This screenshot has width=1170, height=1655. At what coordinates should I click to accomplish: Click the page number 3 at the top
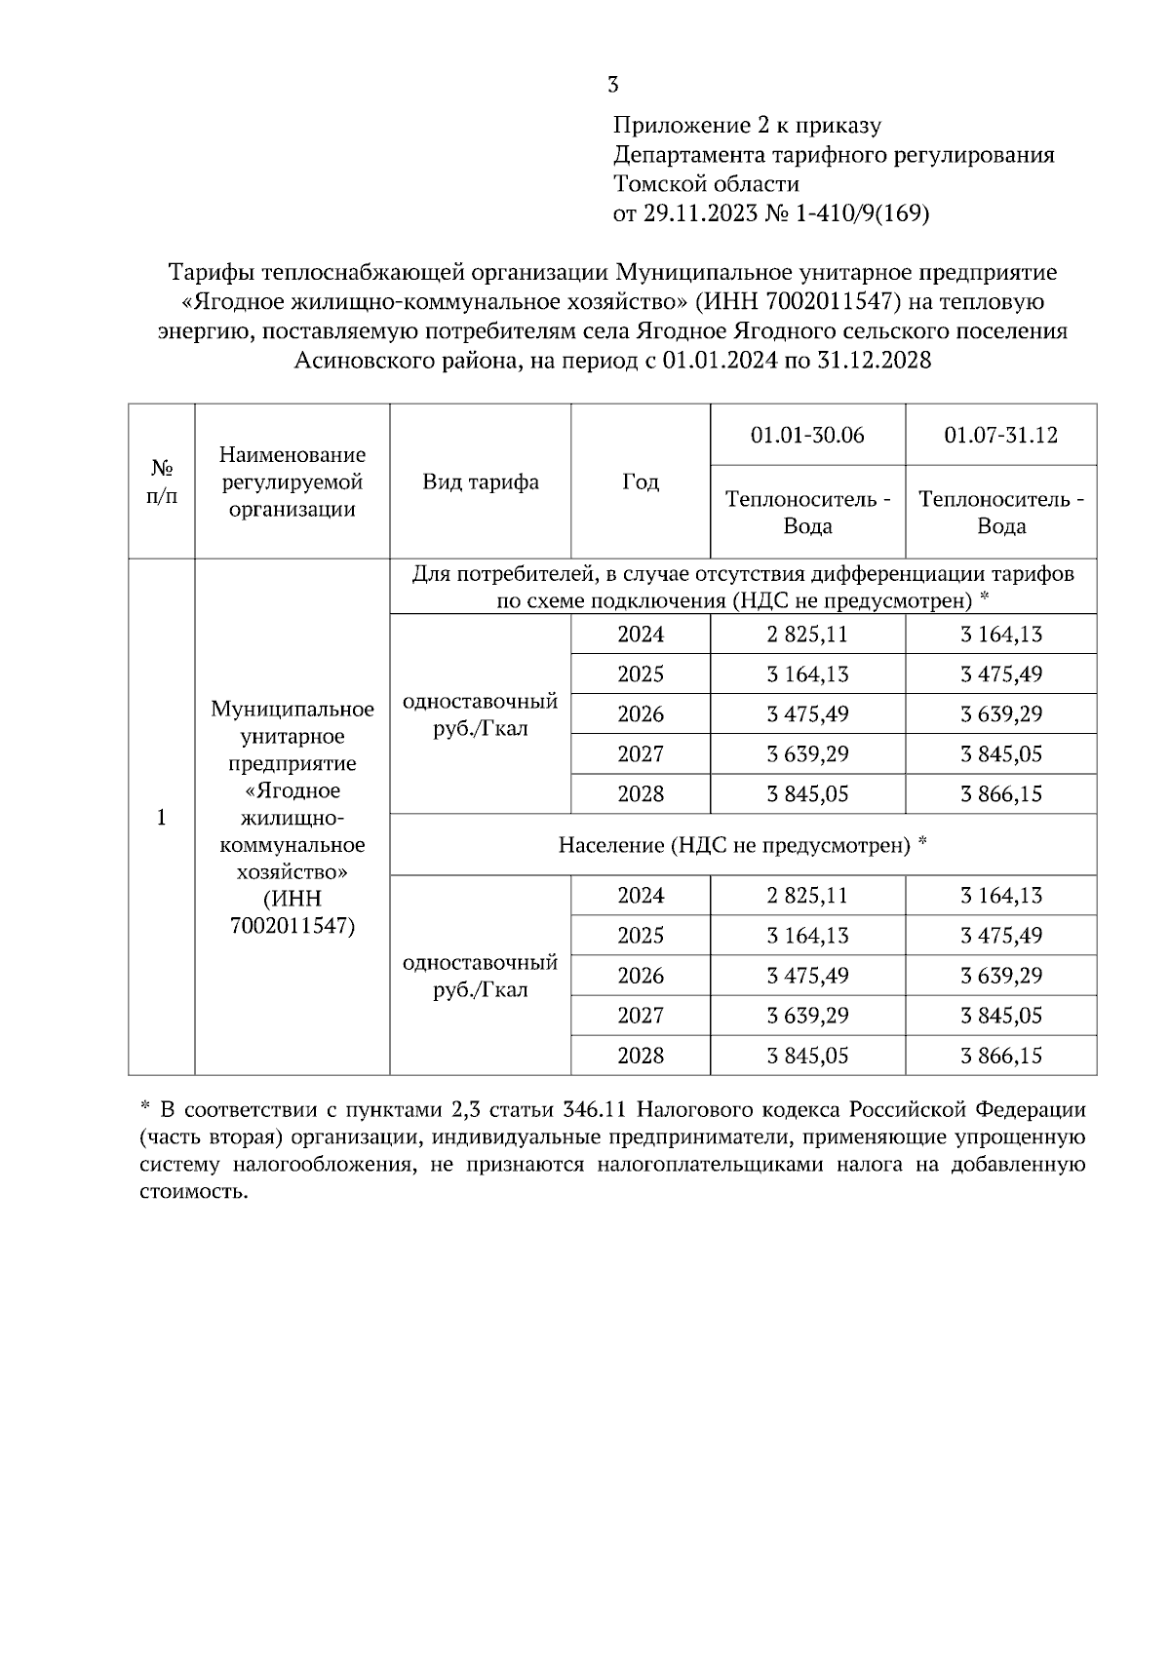[x=612, y=86]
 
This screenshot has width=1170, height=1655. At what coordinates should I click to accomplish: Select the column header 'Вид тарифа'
[x=480, y=482]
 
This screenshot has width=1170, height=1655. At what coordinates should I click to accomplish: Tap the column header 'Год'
[x=640, y=482]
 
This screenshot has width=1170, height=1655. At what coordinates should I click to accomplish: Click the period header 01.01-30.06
[x=807, y=435]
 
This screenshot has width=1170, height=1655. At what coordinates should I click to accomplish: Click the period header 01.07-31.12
[x=1000, y=435]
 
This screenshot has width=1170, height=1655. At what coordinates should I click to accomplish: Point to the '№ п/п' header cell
[x=162, y=482]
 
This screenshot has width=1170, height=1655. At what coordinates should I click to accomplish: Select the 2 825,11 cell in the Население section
[x=807, y=896]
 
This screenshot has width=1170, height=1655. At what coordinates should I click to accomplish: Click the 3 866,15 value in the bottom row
[x=1000, y=1056]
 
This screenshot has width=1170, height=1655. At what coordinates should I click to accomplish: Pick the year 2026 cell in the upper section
[x=640, y=714]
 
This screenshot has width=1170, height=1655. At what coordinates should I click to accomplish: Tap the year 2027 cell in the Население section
[x=640, y=1016]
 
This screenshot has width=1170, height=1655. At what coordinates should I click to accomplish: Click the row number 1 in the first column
[x=162, y=818]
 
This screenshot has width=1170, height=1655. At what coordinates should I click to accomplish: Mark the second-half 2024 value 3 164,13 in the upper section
[x=1000, y=635]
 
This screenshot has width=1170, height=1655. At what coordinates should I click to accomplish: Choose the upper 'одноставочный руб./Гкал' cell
[x=480, y=714]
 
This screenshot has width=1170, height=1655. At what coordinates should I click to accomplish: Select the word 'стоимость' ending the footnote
[x=194, y=1192]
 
